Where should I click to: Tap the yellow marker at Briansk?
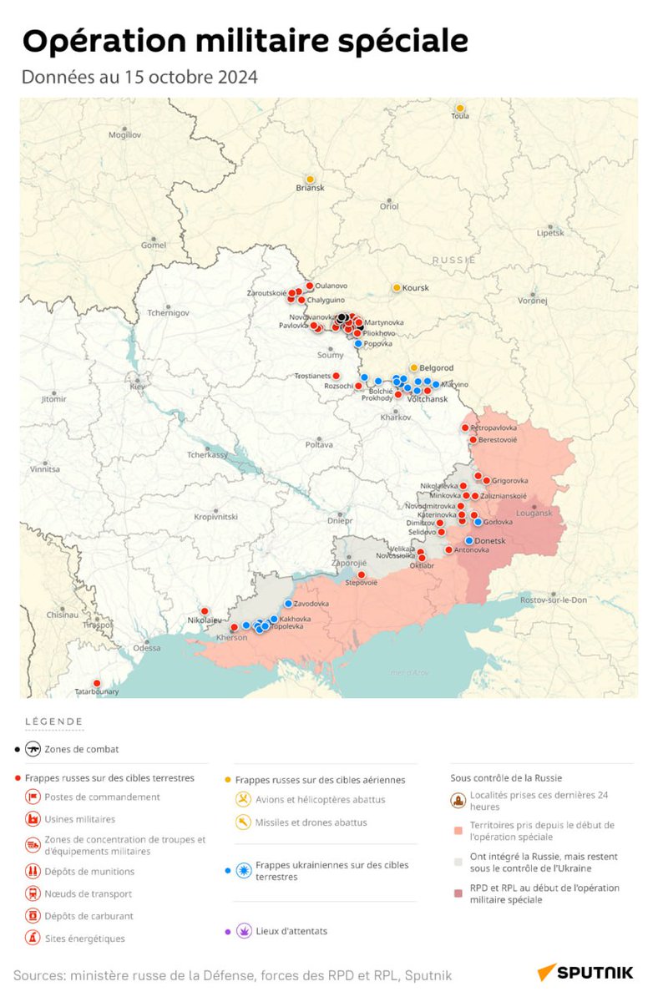pos(310,180)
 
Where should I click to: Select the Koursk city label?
pos(415,288)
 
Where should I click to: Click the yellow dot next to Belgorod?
pos(413,367)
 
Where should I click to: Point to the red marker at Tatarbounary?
pos(97,683)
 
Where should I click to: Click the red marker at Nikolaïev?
pos(205,611)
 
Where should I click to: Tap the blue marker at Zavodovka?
pos(289,603)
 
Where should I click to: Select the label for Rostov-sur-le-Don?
pos(553,600)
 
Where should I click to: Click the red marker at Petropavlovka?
pos(466,428)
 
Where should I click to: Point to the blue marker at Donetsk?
pos(469,541)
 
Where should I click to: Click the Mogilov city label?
pos(124,134)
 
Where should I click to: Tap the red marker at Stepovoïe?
pos(362,574)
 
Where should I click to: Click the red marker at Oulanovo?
pos(309,286)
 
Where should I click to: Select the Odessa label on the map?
pos(146,648)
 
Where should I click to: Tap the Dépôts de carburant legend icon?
pos(33,916)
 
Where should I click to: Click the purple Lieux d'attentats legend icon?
pos(245,930)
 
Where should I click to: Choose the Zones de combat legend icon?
pos(33,749)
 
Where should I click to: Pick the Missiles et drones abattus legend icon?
pos(243,822)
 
